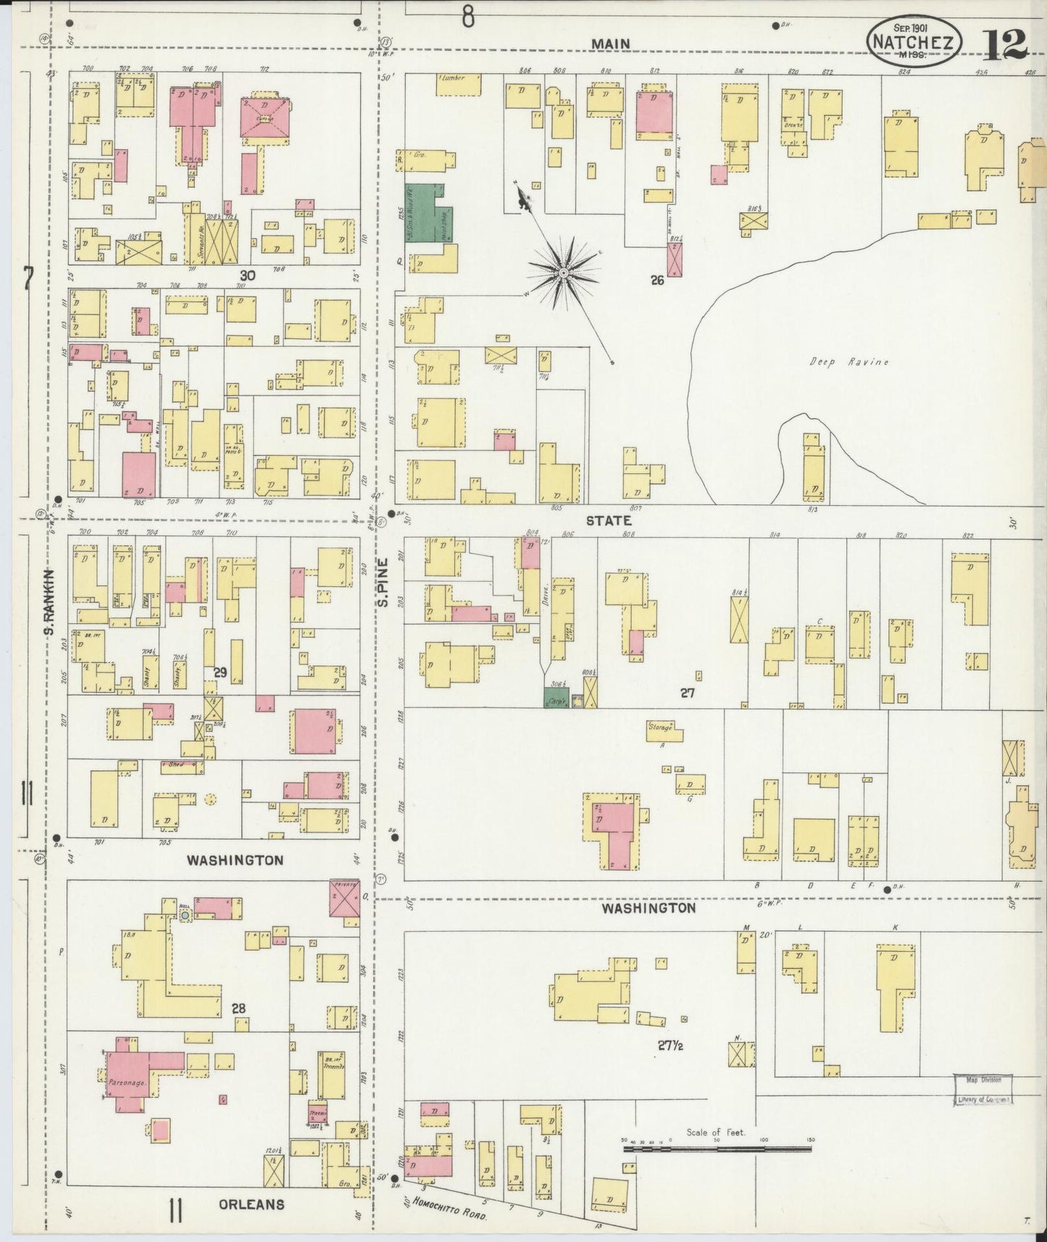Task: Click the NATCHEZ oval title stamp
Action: pos(914,42)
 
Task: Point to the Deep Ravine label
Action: pos(848,362)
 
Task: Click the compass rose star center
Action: pos(563,272)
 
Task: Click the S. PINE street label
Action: pos(384,588)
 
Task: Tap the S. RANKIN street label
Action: pos(49,601)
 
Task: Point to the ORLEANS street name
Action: pos(251,1204)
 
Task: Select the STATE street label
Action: pos(608,520)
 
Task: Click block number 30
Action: pos(248,275)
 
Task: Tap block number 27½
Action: pos(671,1045)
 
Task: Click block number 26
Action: pos(656,280)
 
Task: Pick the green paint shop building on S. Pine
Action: pos(426,212)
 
